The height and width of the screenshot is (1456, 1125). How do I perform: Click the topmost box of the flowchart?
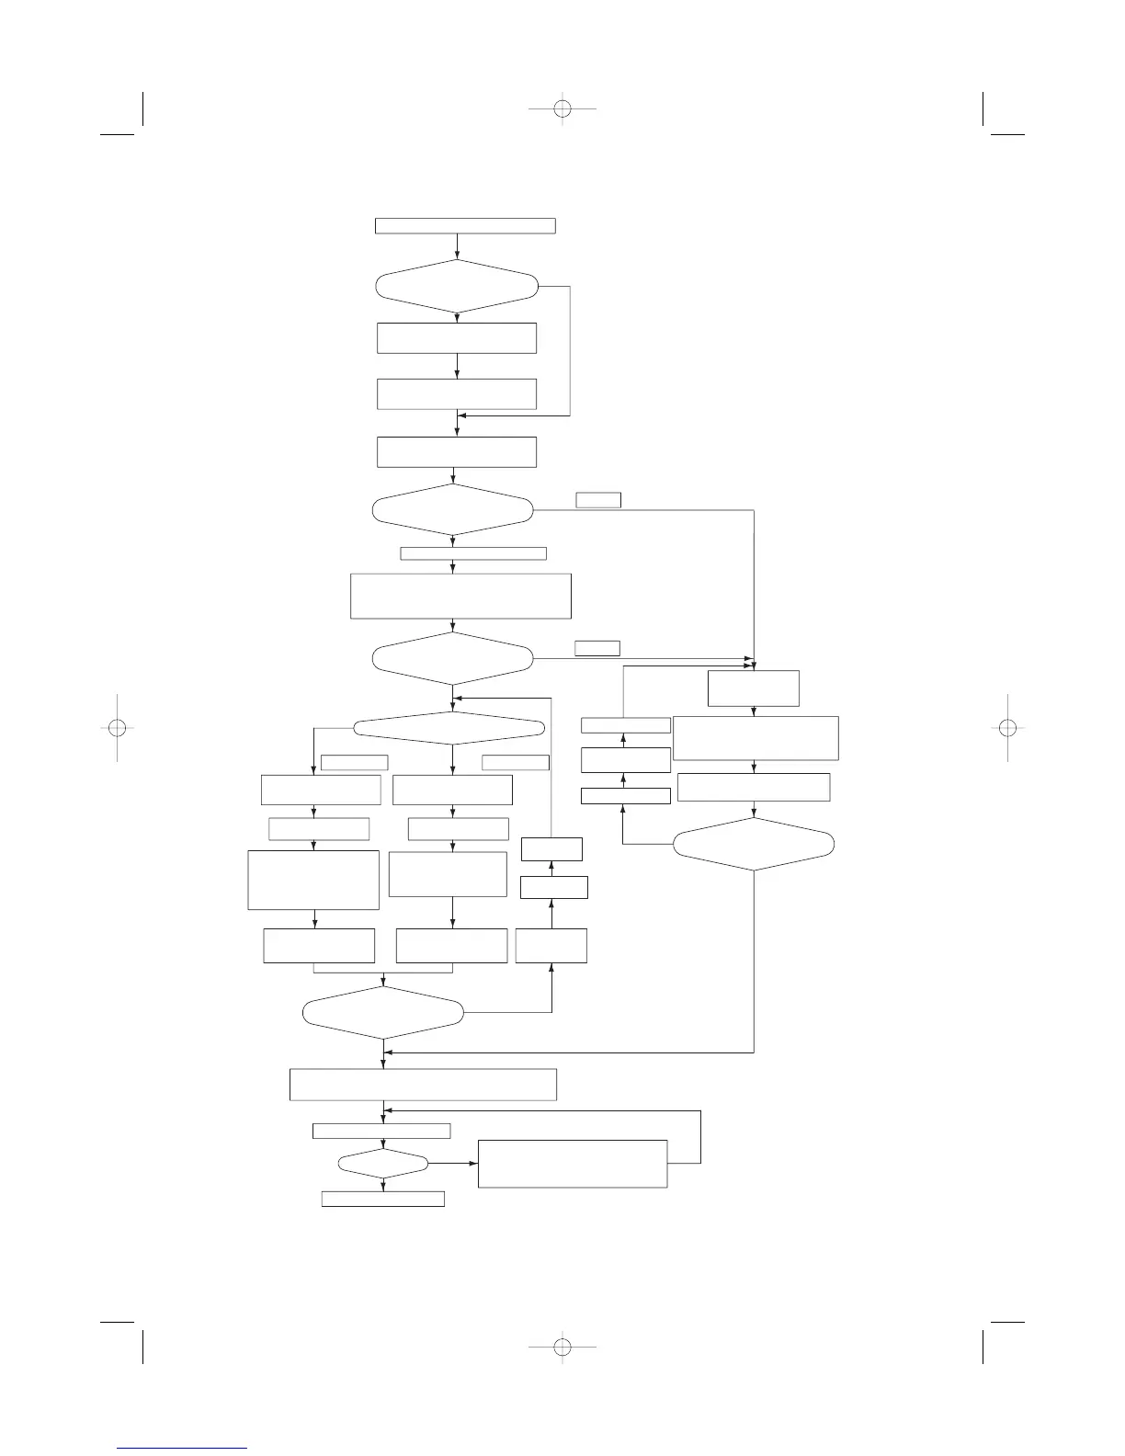[x=465, y=226]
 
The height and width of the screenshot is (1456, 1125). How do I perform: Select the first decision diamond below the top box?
[x=457, y=286]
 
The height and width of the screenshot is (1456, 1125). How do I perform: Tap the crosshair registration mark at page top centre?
[x=563, y=108]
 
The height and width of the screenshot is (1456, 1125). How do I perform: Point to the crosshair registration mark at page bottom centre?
[x=563, y=1348]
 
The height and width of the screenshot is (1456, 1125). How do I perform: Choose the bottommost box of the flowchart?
[x=382, y=1199]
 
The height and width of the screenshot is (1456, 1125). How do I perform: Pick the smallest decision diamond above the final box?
[x=383, y=1164]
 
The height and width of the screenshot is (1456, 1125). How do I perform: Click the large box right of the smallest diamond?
[x=572, y=1164]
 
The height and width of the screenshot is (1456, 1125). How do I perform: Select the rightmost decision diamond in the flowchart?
[x=754, y=844]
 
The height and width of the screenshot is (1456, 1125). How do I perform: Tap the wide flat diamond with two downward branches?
[x=449, y=728]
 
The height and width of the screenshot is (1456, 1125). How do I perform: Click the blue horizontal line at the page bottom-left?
[x=183, y=1448]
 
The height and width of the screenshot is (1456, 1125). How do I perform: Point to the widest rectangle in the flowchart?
[x=423, y=1084]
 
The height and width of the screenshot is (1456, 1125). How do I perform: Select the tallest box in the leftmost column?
[x=313, y=880]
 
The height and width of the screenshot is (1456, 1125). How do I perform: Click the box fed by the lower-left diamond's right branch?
[x=551, y=945]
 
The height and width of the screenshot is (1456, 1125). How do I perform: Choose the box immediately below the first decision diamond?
[x=457, y=337]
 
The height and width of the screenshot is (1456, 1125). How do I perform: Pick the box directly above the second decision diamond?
[x=457, y=452]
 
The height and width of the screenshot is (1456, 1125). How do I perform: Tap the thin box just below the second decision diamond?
[x=473, y=553]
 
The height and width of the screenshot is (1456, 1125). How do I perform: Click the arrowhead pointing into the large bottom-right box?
[x=474, y=1164]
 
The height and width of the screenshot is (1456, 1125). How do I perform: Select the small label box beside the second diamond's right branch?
[x=598, y=500]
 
